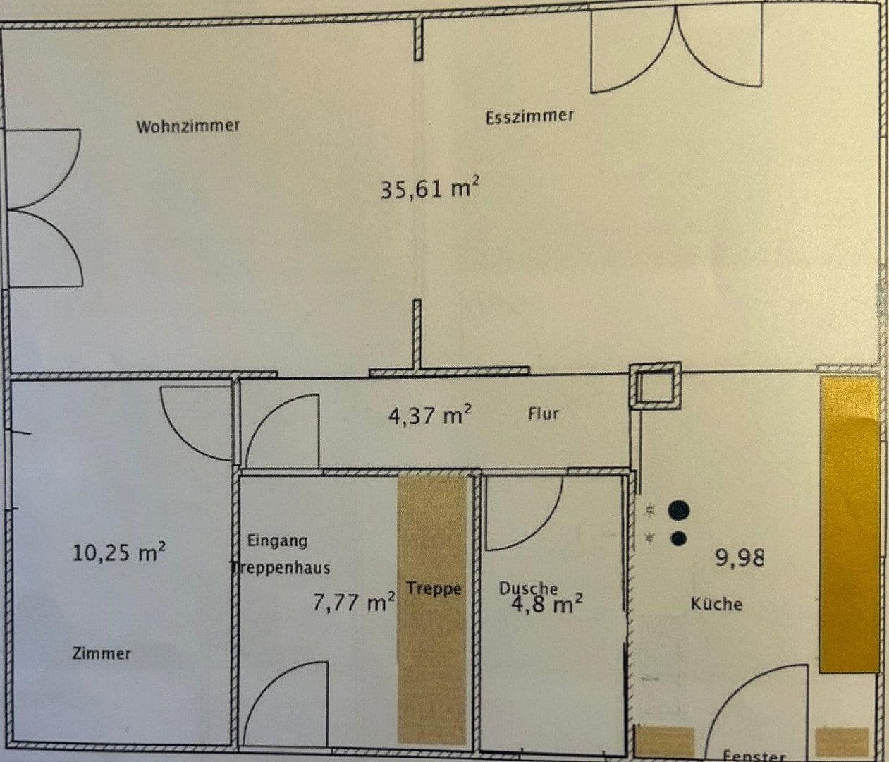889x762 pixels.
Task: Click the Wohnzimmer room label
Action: [188, 126]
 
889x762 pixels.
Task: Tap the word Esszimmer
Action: [529, 116]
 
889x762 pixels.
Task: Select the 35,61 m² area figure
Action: [429, 189]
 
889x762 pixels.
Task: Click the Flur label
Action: [543, 413]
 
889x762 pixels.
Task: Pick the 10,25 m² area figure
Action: [118, 552]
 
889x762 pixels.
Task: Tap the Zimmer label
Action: [102, 653]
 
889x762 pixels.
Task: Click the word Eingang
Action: [277, 541]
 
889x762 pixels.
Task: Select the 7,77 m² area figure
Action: [353, 603]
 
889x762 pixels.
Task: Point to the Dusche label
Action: [528, 588]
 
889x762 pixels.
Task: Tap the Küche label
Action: [716, 604]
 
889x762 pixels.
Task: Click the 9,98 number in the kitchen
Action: [739, 559]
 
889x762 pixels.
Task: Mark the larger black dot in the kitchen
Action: [679, 509]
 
